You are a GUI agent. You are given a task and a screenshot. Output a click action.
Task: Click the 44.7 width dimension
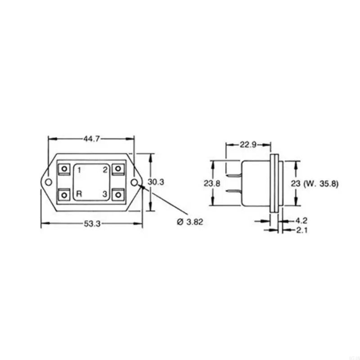(x=91, y=139)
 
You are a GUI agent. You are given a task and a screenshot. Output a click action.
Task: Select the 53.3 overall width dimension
(x=91, y=224)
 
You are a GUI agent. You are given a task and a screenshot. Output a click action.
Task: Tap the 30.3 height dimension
(x=156, y=182)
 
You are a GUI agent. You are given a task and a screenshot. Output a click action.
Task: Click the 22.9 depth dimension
(x=248, y=144)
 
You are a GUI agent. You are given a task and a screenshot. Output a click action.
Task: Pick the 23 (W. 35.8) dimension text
(x=320, y=183)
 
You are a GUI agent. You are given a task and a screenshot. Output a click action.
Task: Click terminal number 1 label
(x=79, y=170)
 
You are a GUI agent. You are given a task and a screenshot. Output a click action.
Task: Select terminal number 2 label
(x=104, y=170)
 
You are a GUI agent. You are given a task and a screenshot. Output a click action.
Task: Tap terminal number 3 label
(x=104, y=194)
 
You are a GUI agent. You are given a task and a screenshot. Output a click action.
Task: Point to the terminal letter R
(x=79, y=194)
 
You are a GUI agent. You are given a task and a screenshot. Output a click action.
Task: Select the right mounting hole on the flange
(x=135, y=182)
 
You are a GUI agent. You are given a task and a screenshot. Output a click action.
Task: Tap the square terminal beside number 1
(x=65, y=169)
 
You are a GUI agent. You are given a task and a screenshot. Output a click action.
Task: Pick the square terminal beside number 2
(x=118, y=169)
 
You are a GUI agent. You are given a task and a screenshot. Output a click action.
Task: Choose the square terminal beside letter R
(x=65, y=195)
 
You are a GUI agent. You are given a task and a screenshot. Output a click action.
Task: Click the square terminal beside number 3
(x=118, y=195)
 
